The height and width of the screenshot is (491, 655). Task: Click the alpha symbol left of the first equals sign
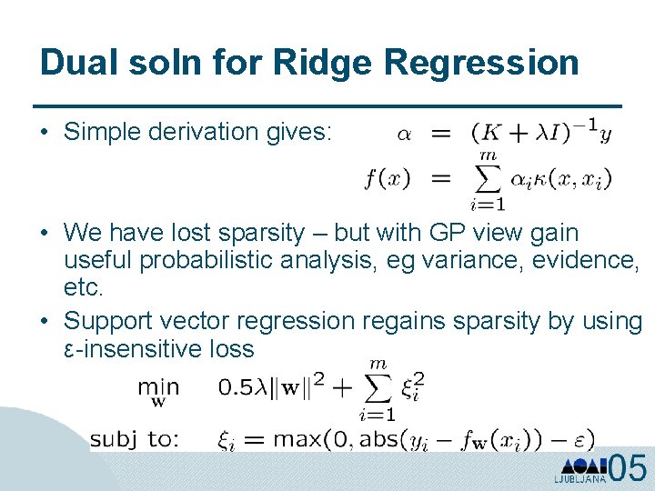pos(403,134)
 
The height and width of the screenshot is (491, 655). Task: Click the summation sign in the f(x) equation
pos(489,179)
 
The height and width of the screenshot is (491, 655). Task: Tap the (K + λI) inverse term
pos(533,132)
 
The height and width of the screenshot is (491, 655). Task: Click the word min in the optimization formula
pos(158,387)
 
